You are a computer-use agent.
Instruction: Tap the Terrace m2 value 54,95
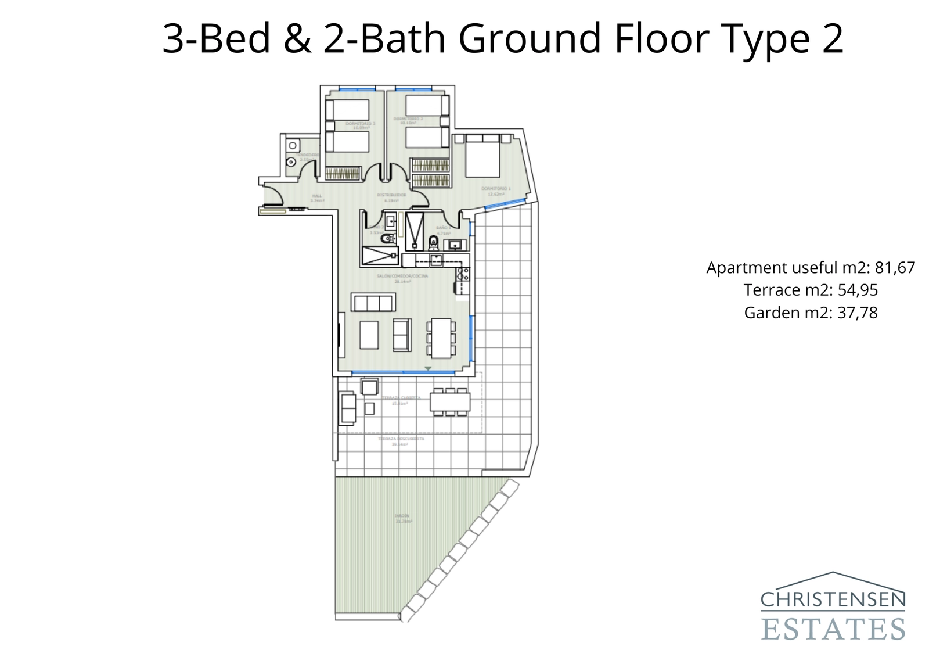click(x=857, y=290)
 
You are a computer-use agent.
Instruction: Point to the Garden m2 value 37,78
click(x=857, y=313)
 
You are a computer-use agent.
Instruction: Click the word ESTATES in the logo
click(x=833, y=630)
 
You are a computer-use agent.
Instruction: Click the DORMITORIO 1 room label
click(x=496, y=189)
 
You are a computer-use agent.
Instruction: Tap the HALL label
click(x=316, y=196)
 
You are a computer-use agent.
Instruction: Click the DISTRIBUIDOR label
click(x=391, y=195)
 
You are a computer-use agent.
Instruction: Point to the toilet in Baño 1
click(x=433, y=240)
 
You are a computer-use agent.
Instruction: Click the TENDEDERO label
click(x=307, y=155)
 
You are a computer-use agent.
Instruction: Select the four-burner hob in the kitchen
click(x=463, y=274)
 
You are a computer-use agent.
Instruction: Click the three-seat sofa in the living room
click(x=373, y=303)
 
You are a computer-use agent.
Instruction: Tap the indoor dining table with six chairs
click(x=441, y=338)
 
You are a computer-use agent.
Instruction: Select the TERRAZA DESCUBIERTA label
click(x=401, y=439)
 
